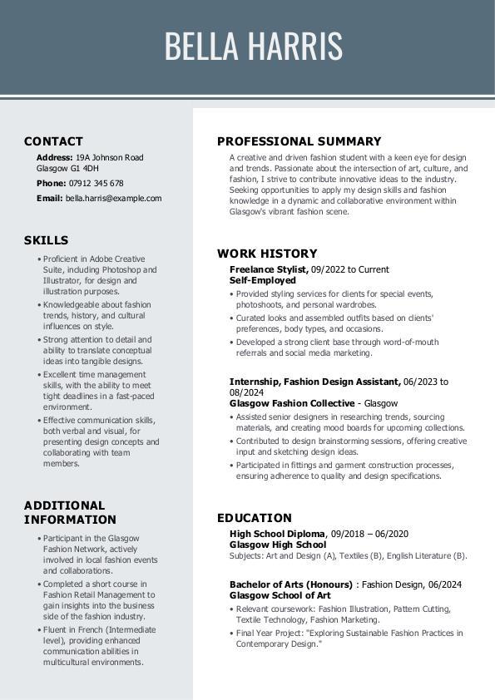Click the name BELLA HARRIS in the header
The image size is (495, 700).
(x=253, y=47)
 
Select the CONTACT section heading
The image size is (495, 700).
(x=53, y=141)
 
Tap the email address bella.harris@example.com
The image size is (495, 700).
(x=113, y=199)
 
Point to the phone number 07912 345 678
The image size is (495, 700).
(x=96, y=183)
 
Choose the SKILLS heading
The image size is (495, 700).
(x=46, y=240)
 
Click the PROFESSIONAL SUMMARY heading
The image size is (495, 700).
(x=299, y=141)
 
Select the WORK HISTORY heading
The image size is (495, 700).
(x=267, y=254)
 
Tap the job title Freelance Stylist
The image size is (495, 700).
(x=269, y=269)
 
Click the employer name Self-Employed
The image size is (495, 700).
(x=262, y=280)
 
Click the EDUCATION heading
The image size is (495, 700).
(x=255, y=518)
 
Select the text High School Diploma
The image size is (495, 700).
(x=277, y=534)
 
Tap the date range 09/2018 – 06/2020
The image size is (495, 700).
(x=369, y=534)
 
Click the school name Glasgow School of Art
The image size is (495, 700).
(x=280, y=595)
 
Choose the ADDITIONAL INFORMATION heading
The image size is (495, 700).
(x=70, y=512)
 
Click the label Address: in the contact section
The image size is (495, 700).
(x=54, y=157)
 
